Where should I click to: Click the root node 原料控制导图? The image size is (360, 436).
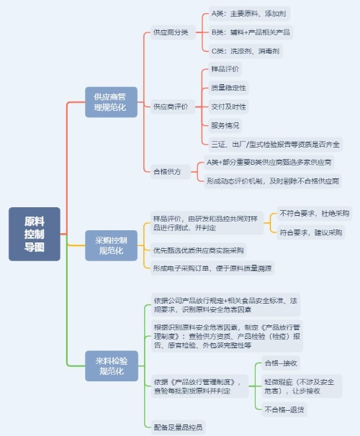pyautogui.click(x=35, y=234)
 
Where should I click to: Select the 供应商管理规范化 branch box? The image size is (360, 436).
pyautogui.click(x=111, y=102)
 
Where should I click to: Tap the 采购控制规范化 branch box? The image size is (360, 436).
pyautogui.click(x=111, y=245)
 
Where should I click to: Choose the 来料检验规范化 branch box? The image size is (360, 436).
pyautogui.click(x=112, y=366)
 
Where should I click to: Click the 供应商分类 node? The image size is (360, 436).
pyautogui.click(x=173, y=32)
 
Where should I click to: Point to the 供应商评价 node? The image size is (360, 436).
pyautogui.click(x=172, y=106)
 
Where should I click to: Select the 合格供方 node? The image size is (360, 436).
pyautogui.click(x=170, y=171)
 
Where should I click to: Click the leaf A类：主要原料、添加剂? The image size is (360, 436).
pyautogui.click(x=249, y=14)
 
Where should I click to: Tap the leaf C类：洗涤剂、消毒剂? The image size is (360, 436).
pyautogui.click(x=246, y=51)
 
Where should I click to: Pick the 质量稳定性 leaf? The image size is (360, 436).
pyautogui.click(x=228, y=88)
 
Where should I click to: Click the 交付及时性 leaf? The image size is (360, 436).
pyautogui.click(x=228, y=106)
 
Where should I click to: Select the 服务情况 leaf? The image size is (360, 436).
pyautogui.click(x=225, y=125)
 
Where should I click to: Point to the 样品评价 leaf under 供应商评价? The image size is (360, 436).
pyautogui.click(x=225, y=69)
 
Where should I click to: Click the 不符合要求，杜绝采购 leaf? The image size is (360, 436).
pyautogui.click(x=315, y=214)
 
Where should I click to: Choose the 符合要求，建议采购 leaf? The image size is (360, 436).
pyautogui.click(x=311, y=232)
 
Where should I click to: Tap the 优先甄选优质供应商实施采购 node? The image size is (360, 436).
pyautogui.click(x=199, y=250)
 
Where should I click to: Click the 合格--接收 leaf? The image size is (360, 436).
pyautogui.click(x=281, y=363)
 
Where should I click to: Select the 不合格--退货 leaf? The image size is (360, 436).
pyautogui.click(x=284, y=409)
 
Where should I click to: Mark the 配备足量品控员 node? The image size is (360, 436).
pyautogui.click(x=178, y=427)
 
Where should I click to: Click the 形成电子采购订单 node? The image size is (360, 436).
pyautogui.click(x=212, y=268)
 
